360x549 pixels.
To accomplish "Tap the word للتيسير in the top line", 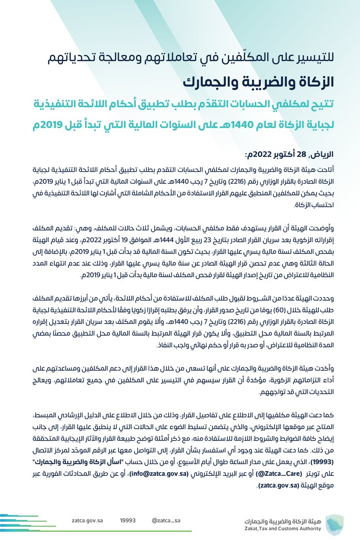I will coord(320,58).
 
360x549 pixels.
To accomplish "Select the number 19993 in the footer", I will coord(128,520).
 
